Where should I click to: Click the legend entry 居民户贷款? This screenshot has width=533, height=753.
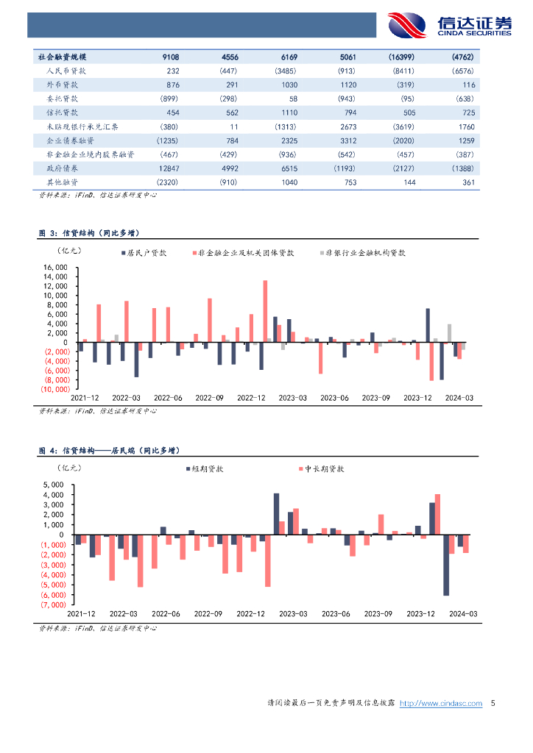(x=146, y=252)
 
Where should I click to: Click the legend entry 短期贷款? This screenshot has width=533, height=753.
(x=208, y=468)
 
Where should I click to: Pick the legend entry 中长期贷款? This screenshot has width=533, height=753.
(x=325, y=468)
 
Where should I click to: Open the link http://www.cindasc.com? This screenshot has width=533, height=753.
(x=440, y=704)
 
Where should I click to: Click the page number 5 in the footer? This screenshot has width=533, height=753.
(x=493, y=704)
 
